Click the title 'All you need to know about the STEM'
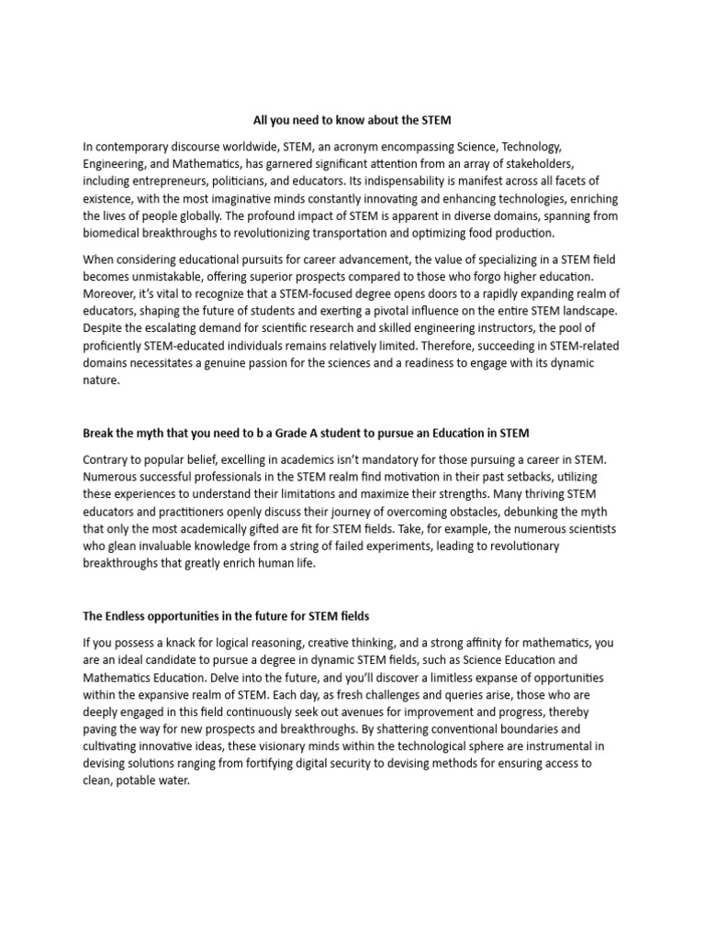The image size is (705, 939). pos(352,120)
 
